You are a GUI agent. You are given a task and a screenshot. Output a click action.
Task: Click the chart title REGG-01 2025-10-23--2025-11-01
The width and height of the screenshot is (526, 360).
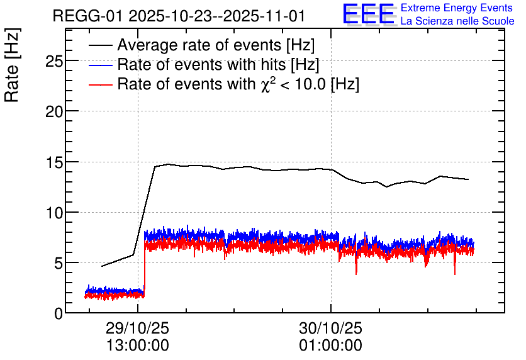179,16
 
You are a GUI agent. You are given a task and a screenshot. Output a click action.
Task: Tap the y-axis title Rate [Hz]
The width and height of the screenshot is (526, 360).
12,65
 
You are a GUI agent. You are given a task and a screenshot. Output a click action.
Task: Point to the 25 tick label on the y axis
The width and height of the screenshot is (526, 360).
54,61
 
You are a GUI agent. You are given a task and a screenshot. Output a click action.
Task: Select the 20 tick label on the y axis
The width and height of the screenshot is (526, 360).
54,111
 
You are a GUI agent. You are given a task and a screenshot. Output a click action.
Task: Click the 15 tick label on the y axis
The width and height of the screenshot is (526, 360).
54,162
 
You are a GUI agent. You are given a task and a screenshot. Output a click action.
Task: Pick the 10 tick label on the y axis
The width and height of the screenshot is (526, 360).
54,213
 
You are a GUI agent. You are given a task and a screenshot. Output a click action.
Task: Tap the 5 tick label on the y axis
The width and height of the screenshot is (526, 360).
59,263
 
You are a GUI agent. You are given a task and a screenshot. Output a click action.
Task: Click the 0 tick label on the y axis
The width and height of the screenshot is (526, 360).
59,313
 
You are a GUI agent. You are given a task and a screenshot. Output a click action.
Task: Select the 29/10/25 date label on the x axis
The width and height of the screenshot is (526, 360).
138,328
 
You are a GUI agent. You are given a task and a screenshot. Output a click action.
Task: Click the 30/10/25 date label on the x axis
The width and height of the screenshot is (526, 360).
331,328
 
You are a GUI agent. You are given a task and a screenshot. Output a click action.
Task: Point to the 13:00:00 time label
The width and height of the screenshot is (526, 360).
138,346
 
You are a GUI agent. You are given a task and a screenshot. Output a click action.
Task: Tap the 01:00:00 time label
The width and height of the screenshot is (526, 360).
331,346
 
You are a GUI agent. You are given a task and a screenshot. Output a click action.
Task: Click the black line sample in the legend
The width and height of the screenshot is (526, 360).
100,45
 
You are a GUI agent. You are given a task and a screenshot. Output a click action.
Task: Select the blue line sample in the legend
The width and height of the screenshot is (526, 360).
100,65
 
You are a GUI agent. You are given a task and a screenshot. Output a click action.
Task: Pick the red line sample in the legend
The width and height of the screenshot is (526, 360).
100,84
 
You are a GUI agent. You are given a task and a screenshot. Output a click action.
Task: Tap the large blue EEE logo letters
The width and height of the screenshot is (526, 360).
369,14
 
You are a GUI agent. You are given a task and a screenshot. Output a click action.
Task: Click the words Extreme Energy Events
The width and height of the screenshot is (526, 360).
457,8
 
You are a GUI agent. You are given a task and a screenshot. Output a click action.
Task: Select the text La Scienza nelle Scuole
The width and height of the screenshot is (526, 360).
457,21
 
